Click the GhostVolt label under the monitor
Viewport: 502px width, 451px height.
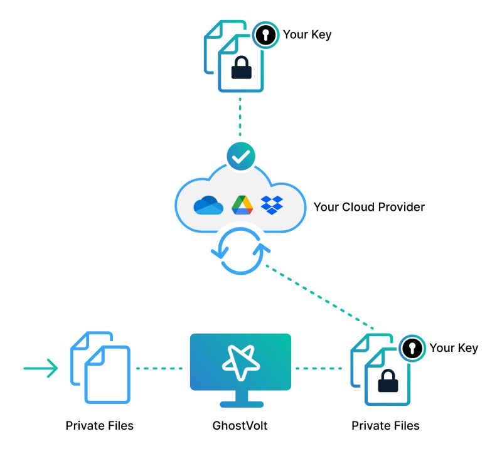[240, 426]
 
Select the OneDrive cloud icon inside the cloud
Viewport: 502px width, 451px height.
[208, 205]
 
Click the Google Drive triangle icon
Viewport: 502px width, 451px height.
[242, 205]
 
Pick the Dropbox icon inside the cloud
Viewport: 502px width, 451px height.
[272, 205]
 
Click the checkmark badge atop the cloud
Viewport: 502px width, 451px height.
[240, 157]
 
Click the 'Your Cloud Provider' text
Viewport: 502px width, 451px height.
[369, 206]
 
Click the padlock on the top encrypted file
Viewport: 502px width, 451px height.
[242, 68]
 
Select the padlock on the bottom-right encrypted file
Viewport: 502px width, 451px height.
[387, 381]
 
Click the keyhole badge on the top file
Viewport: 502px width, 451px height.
[265, 35]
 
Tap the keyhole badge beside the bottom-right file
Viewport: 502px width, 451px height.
[412, 349]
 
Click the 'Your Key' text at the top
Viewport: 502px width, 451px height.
[307, 34]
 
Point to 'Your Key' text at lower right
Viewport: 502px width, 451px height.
[453, 348]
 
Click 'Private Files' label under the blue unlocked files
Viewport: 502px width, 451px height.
[99, 426]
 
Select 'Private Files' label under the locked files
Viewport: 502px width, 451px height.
[385, 426]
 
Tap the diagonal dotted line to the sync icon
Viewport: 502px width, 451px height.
[320, 295]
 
